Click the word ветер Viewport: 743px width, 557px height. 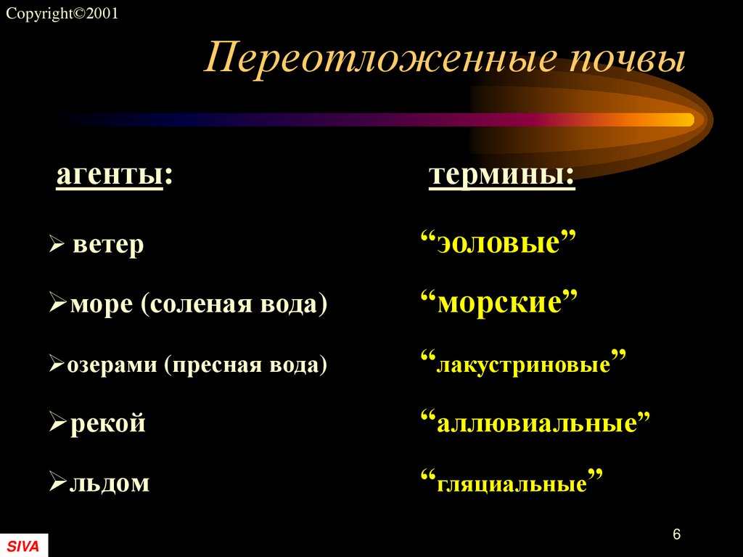[x=109, y=245]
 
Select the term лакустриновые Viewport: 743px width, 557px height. [x=522, y=362]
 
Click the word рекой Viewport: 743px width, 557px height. [x=107, y=423]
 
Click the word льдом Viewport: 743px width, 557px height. [x=110, y=482]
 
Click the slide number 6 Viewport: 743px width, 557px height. [x=676, y=534]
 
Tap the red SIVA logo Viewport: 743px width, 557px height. [x=23, y=545]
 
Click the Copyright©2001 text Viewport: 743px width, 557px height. [x=62, y=14]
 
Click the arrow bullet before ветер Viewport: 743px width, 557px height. [x=57, y=246]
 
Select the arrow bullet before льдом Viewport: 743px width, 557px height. [x=58, y=482]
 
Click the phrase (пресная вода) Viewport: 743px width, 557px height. [x=246, y=364]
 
